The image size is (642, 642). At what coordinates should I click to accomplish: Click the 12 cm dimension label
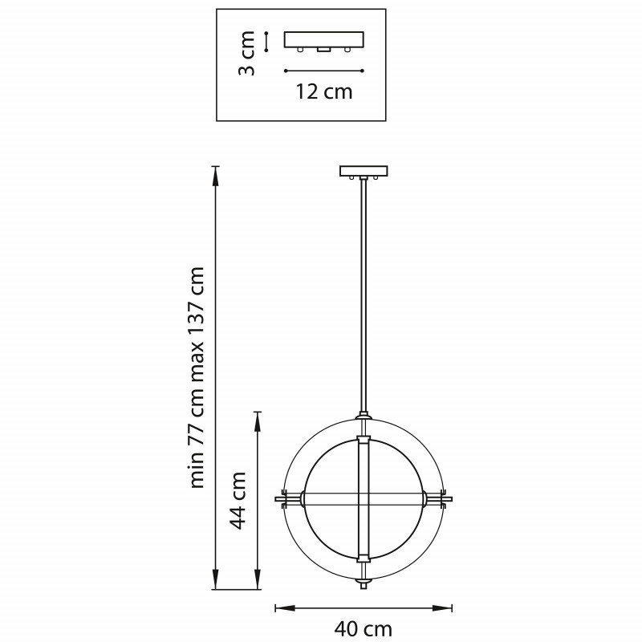point(324,91)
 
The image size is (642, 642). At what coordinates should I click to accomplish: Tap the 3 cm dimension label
point(247,53)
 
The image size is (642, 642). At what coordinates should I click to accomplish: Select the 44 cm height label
point(238,500)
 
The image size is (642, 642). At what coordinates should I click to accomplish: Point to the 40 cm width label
point(364,628)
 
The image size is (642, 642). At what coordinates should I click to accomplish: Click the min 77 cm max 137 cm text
point(197,377)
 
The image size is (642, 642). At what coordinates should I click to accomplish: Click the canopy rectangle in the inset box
point(324,39)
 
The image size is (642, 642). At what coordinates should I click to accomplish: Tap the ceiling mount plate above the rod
point(364,171)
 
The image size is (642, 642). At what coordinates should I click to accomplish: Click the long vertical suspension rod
point(364,295)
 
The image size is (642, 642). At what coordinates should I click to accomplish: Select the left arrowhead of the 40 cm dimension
point(284,608)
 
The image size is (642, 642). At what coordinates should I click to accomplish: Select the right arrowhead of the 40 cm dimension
point(443,608)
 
